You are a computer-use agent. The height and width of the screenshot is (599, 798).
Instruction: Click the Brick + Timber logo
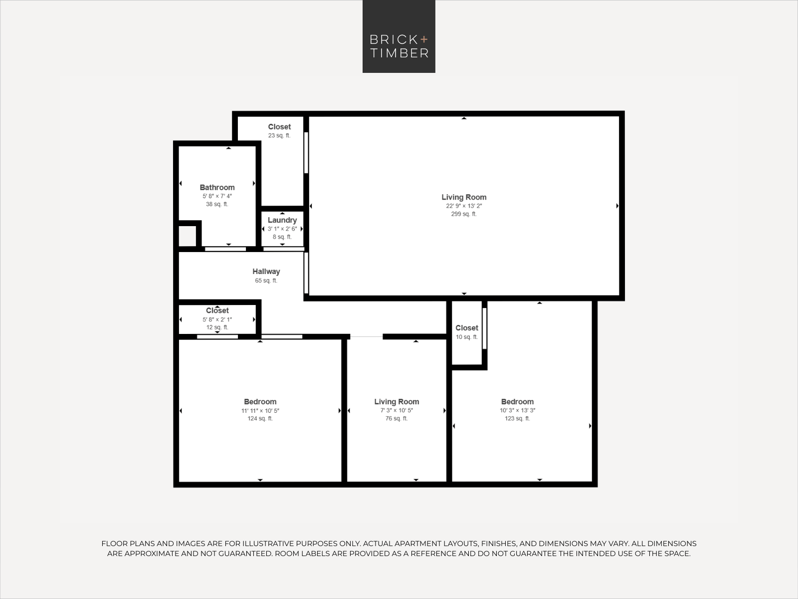(399, 36)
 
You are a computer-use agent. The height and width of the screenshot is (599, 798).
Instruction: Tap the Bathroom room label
(217, 188)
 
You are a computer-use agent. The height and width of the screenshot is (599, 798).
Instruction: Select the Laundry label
(282, 220)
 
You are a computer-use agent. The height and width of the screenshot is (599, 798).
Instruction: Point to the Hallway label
(266, 272)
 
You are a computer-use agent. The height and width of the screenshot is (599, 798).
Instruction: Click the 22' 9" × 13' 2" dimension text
(464, 206)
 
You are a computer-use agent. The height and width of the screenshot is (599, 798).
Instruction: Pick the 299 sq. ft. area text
(464, 214)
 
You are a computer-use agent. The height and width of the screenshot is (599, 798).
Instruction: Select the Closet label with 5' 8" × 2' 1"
(217, 310)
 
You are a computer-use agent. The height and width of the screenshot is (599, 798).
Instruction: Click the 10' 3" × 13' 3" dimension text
(517, 410)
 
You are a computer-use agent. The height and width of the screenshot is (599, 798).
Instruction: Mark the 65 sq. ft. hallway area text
(266, 281)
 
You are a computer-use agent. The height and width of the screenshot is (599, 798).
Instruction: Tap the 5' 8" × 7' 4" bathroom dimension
(217, 196)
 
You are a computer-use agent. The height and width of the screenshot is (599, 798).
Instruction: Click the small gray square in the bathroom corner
(188, 236)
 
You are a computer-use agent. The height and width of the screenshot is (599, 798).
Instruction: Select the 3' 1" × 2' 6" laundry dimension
(282, 229)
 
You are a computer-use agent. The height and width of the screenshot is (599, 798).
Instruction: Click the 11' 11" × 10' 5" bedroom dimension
(260, 411)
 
